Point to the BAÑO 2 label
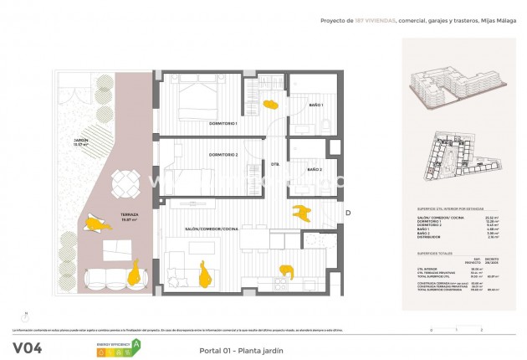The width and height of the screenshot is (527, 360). [315, 170]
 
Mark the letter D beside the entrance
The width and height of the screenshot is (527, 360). [347, 213]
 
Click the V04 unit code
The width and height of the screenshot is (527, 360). [28, 347]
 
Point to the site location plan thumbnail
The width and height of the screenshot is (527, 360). [453, 158]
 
